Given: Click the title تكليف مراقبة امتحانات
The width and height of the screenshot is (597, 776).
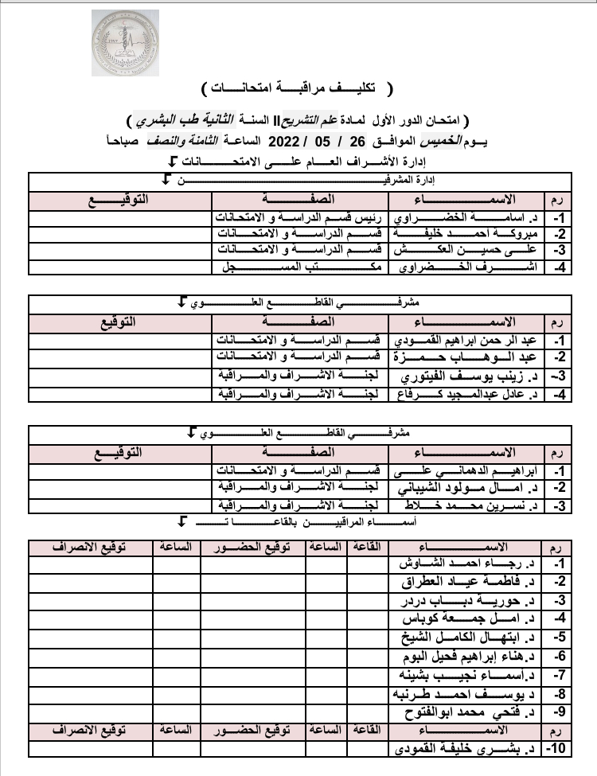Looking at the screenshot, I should point(298,85).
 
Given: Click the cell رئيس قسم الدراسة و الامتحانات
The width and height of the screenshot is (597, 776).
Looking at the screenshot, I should point(300,217).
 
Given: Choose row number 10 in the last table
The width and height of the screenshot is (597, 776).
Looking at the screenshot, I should point(554,749).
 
